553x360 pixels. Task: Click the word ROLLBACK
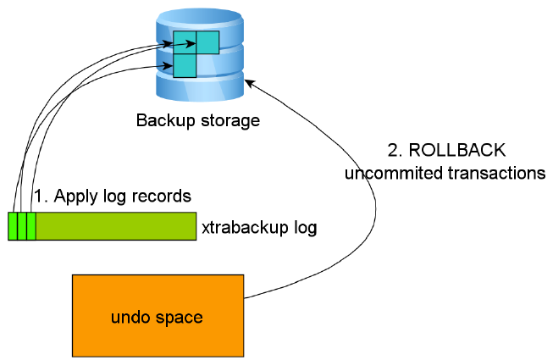[458, 151]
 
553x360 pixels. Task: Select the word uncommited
[384, 173]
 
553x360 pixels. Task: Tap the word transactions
[495, 173]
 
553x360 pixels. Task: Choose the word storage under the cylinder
[226, 120]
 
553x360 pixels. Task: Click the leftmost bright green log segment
[13, 226]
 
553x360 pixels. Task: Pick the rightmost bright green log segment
[30, 226]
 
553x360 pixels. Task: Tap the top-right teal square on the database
[207, 42]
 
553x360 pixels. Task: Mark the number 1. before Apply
[40, 196]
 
